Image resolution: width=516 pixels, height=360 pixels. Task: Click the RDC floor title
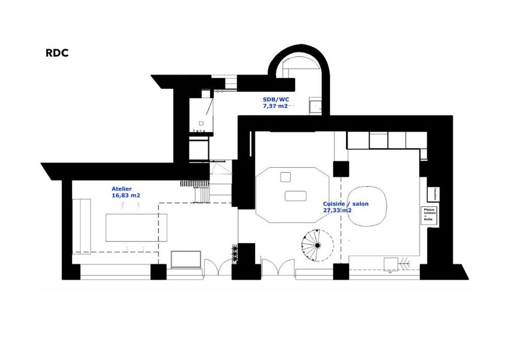[58, 53]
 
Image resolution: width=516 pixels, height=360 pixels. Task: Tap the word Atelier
[122, 189]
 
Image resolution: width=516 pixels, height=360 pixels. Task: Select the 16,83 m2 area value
[126, 196]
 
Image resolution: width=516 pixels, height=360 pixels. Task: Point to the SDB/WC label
[276, 100]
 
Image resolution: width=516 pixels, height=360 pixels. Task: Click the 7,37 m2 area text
[276, 106]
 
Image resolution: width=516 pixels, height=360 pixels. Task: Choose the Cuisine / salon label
[346, 204]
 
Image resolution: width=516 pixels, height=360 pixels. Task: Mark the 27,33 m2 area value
[337, 210]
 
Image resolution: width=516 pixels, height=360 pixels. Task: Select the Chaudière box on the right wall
[432, 193]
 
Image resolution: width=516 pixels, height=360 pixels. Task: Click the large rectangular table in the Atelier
[136, 227]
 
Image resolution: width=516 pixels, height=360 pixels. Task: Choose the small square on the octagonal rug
[285, 177]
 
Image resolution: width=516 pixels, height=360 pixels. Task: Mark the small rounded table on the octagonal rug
[296, 196]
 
